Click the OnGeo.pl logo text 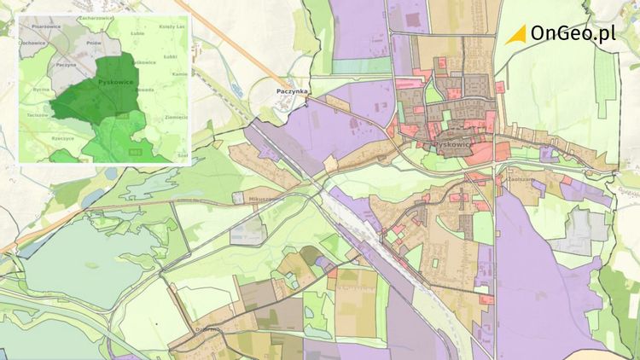[x=573, y=33]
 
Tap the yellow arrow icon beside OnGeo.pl [x=515, y=34]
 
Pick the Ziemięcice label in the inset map [x=175, y=117]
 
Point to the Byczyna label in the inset [x=42, y=89]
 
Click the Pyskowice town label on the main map [x=451, y=145]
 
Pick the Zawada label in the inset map [x=143, y=89]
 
